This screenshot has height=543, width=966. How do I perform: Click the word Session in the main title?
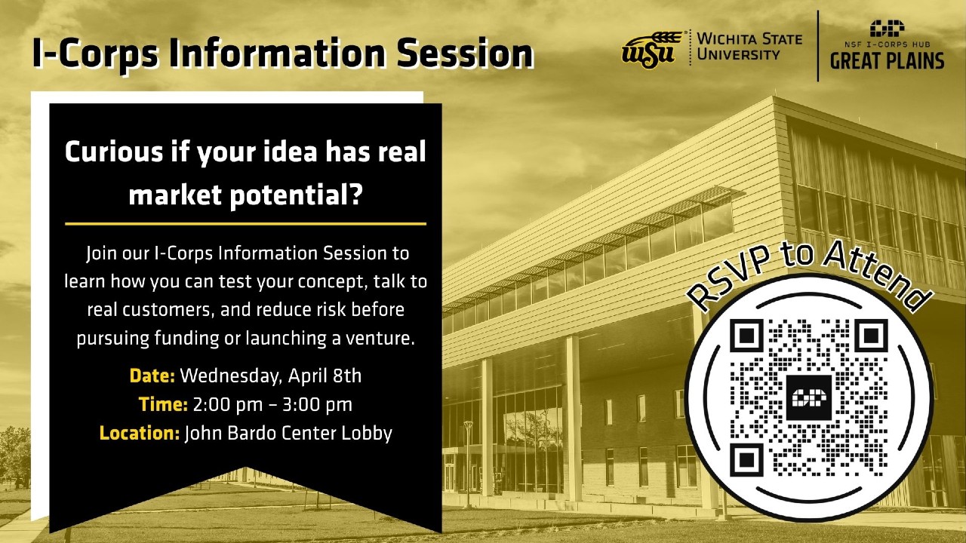[465, 53]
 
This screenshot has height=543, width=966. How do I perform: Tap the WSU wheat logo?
[652, 49]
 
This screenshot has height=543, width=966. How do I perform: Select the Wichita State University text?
[749, 47]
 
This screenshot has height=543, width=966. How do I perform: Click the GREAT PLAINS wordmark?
[887, 61]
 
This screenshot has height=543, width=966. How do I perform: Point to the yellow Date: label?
[152, 376]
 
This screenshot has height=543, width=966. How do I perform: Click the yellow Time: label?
[163, 404]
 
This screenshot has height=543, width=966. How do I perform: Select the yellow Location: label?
[140, 433]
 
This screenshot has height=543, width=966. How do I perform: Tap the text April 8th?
[325, 376]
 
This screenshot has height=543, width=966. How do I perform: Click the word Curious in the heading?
[114, 152]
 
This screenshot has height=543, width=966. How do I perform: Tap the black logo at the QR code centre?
[808, 397]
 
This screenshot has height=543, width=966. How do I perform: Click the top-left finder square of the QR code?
[746, 335]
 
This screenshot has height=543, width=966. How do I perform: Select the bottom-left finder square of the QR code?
[746, 460]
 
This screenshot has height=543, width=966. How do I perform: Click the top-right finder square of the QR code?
[871, 335]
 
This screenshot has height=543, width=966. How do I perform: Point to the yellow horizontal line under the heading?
[245, 224]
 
